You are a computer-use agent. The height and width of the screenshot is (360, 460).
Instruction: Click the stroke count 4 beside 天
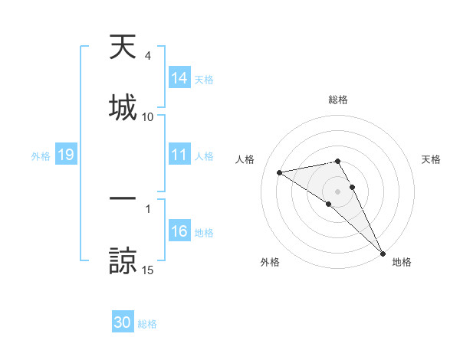point(148,56)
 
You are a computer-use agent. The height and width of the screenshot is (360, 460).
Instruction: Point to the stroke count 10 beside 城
point(148,117)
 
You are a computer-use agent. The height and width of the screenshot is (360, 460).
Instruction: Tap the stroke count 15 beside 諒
point(148,270)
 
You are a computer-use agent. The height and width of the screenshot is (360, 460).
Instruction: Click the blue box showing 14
point(179,78)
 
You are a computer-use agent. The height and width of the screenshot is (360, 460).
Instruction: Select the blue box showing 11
point(179,155)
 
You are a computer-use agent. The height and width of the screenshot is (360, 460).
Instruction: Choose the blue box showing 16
point(179,231)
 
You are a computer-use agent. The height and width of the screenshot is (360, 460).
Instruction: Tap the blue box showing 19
point(65,155)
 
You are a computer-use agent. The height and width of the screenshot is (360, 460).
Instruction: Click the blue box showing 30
point(123,322)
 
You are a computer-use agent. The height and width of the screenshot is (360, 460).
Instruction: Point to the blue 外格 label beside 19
point(41,155)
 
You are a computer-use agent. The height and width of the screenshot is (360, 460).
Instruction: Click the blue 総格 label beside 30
point(147,323)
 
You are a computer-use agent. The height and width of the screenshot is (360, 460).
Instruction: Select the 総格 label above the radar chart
point(338,100)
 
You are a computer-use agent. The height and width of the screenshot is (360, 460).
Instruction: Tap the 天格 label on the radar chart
point(431,159)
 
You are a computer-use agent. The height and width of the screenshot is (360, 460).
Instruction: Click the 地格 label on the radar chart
point(402,262)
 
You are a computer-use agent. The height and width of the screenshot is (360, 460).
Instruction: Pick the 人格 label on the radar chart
point(246,159)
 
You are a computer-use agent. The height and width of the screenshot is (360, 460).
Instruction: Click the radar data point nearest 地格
point(383,253)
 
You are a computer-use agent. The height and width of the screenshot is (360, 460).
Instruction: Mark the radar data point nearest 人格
point(280,172)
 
